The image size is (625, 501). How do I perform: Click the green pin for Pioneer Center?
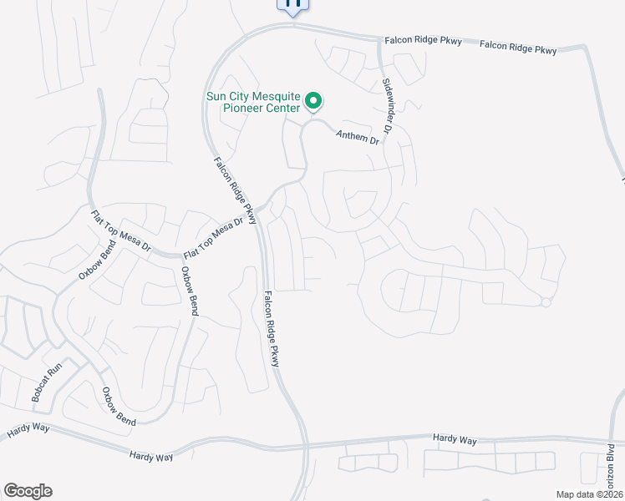pyautogui.click(x=313, y=102)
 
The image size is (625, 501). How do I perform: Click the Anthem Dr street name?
pyautogui.click(x=358, y=137)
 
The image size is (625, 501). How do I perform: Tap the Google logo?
pyautogui.click(x=28, y=491)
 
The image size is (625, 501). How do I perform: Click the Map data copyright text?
pyautogui.click(x=590, y=494)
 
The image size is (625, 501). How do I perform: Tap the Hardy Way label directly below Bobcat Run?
pyautogui.click(x=29, y=430)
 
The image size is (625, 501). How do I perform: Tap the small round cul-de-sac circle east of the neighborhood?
pyautogui.click(x=546, y=302)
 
